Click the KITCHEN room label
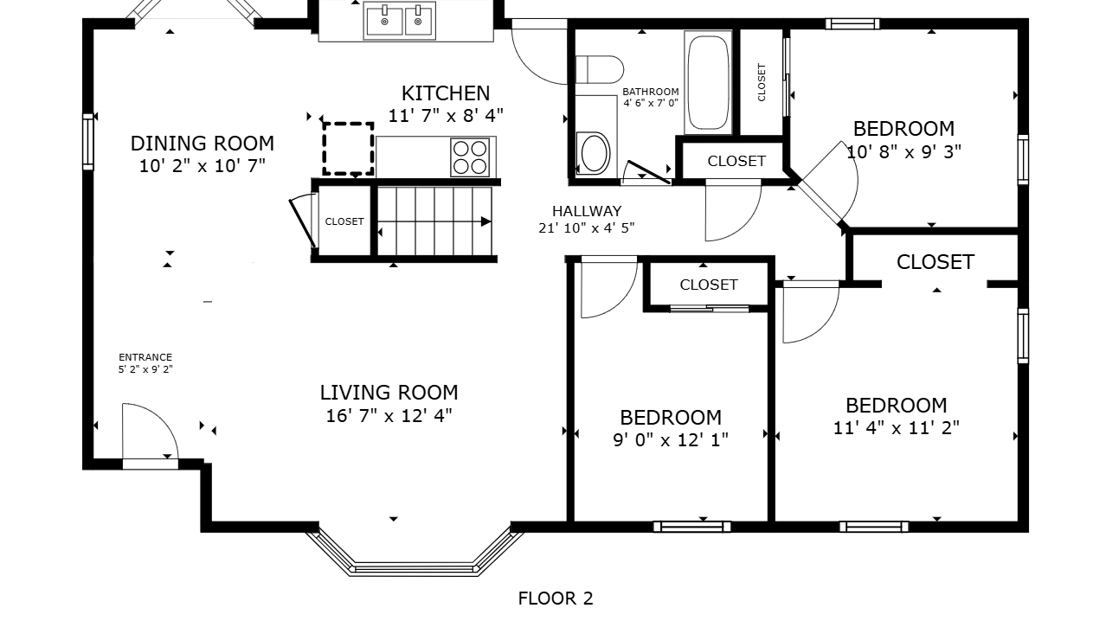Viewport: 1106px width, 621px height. point(446,93)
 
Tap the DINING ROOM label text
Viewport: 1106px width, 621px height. point(203,144)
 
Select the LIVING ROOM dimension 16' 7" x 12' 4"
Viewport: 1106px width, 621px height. point(389,416)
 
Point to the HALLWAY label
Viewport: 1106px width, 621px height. point(587,211)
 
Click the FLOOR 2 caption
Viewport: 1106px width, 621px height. point(556,599)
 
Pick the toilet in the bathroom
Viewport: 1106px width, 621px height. point(600,69)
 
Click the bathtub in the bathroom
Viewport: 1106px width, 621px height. point(708,82)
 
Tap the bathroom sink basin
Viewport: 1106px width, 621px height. point(594,153)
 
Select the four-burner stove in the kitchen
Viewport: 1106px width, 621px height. point(470,157)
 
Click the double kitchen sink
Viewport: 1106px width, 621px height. point(400,21)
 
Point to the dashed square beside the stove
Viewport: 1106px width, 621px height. point(348,149)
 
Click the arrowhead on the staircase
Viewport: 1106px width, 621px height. point(486,221)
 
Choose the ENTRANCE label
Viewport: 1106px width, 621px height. point(145,357)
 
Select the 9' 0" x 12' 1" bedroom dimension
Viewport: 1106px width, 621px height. point(671,439)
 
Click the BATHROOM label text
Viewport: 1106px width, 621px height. point(651,92)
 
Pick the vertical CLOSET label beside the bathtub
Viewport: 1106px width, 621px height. point(762,82)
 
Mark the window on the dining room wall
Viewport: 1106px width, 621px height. point(88,142)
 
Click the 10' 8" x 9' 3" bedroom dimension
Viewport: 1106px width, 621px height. point(904,151)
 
